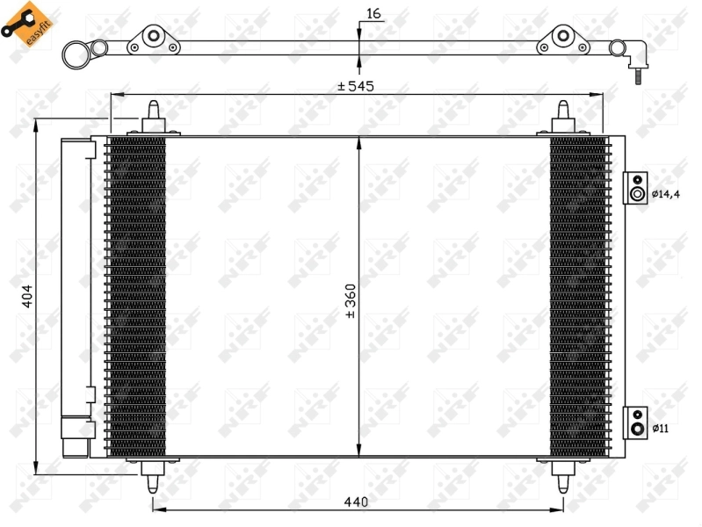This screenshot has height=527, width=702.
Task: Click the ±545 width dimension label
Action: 357,86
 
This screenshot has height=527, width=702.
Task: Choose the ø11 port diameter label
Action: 660,428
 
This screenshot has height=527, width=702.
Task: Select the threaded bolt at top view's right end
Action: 633,77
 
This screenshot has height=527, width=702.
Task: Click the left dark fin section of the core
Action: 135,297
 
